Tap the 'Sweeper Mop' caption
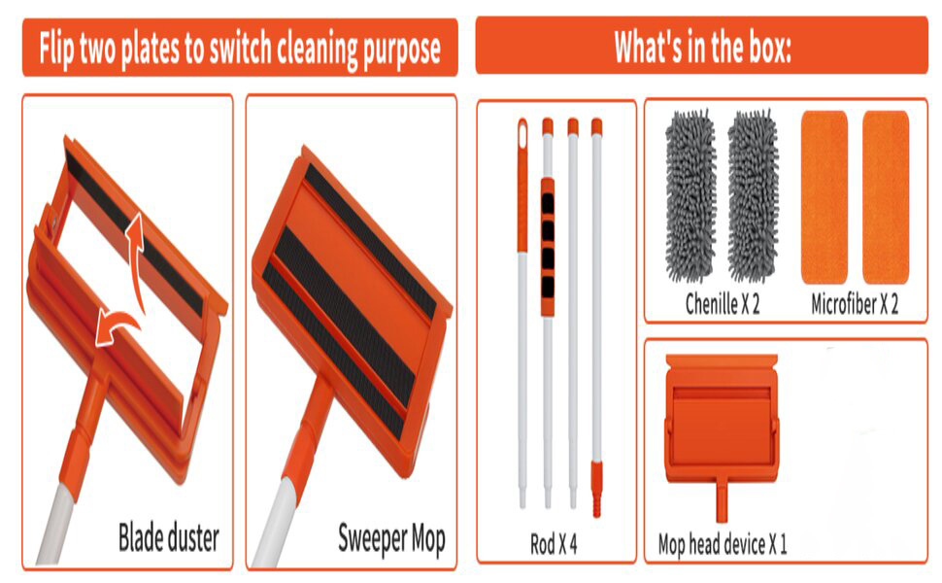coord(390,537)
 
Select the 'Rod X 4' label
coord(554,543)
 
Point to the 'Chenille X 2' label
coord(722,303)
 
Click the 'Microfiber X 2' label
coord(855,303)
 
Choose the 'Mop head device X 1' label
coord(722,543)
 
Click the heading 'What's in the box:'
coord(702,46)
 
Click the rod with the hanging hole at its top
coord(522,311)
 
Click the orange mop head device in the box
coord(721,418)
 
